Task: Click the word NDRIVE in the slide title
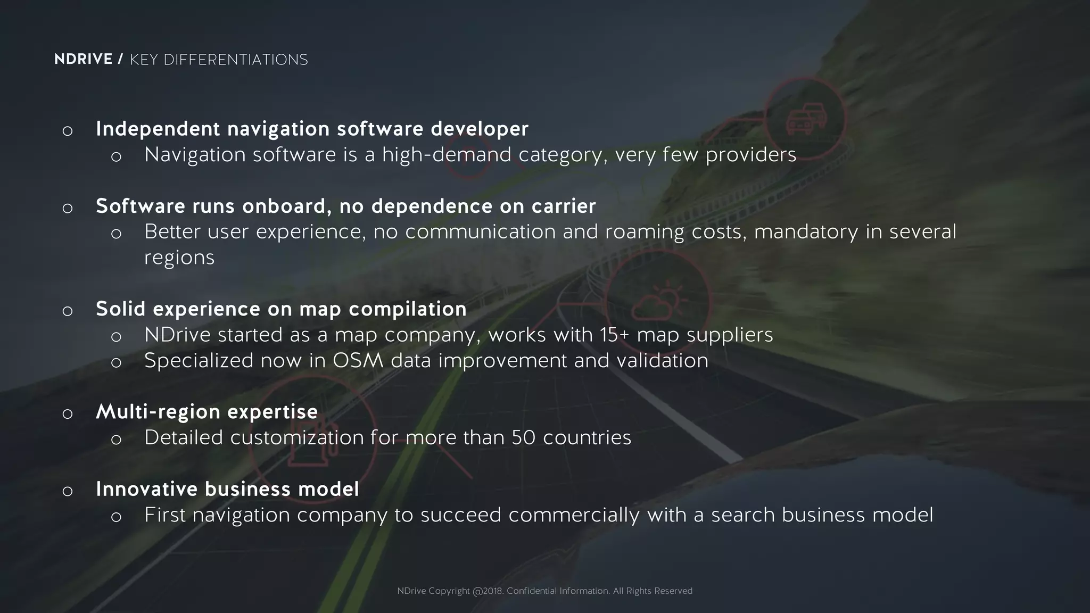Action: (83, 59)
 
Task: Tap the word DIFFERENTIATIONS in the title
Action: (235, 60)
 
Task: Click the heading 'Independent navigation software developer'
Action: (312, 129)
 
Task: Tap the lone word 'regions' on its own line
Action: (179, 258)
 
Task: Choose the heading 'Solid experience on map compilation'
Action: (281, 309)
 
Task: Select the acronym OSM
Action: (358, 361)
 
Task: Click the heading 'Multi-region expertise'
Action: (207, 412)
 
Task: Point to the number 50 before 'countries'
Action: (523, 438)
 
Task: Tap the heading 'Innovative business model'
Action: (227, 489)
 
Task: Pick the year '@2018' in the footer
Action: (488, 591)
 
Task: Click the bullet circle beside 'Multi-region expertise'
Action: (67, 414)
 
